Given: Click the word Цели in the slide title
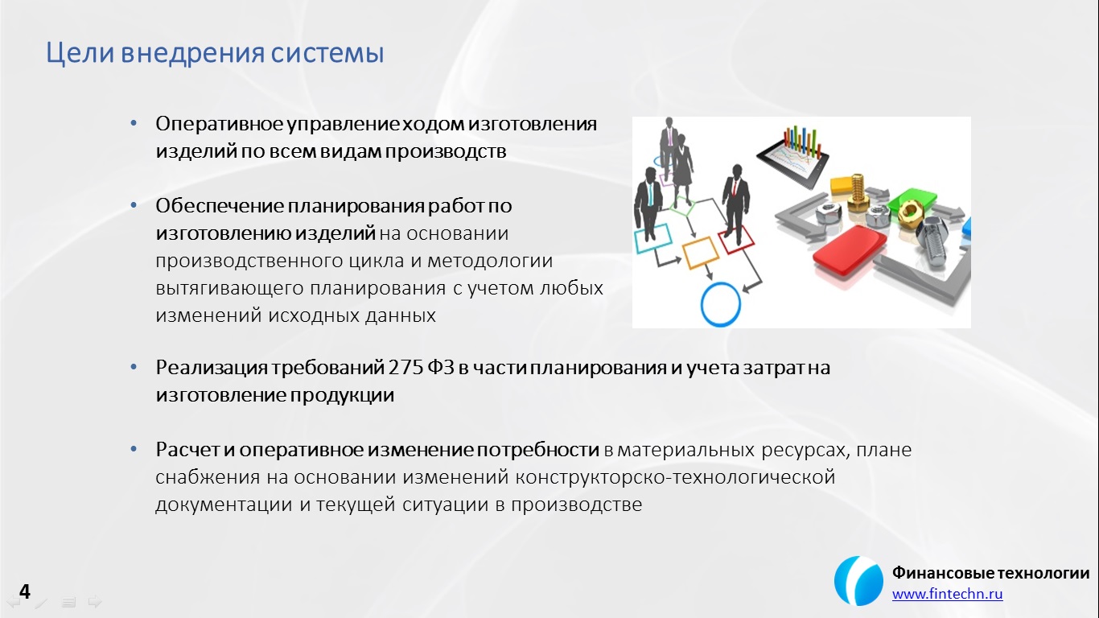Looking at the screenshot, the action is coord(80,53).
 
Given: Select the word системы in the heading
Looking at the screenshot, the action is coord(327,53).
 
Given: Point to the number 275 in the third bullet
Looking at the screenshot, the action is coord(405,367).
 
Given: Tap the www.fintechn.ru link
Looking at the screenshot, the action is coord(947,594).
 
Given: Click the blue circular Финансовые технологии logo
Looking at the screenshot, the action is coord(858,581).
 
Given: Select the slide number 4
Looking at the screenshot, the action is coord(24,591).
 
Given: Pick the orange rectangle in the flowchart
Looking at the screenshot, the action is coord(700,253).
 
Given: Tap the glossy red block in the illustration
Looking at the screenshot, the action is coord(849,250).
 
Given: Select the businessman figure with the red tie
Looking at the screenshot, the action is coord(735,204).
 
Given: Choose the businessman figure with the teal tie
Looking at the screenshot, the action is coord(648,204).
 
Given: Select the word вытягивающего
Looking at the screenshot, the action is coord(228,288).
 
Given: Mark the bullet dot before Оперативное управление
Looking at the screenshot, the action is coord(134,123).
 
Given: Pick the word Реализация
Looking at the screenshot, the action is coord(212,369).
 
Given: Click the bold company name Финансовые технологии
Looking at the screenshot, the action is coord(990,572).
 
